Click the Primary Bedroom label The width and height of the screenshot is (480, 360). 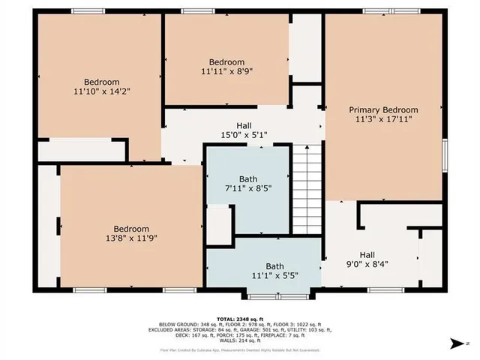tap(383, 109)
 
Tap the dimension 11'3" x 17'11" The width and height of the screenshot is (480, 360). tap(383, 118)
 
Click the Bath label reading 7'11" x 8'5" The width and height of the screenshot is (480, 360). tap(247, 184)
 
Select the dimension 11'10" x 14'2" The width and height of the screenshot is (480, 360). tap(101, 91)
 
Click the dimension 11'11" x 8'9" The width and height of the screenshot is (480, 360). tap(226, 71)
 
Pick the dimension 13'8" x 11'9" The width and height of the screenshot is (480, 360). tap(131, 238)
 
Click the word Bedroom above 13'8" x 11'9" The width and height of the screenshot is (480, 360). tap(131, 229)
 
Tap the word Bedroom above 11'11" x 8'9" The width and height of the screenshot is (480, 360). tap(226, 62)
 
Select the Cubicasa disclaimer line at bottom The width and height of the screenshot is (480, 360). tap(239, 349)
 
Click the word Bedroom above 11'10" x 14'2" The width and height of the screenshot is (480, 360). tap(101, 82)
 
